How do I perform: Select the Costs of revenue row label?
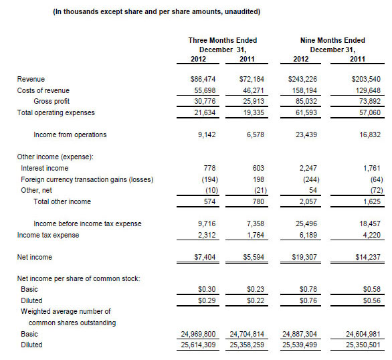click(x=43, y=90)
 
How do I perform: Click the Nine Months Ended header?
click(x=328, y=41)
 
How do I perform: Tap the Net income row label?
click(x=35, y=257)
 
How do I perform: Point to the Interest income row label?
click(x=44, y=168)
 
